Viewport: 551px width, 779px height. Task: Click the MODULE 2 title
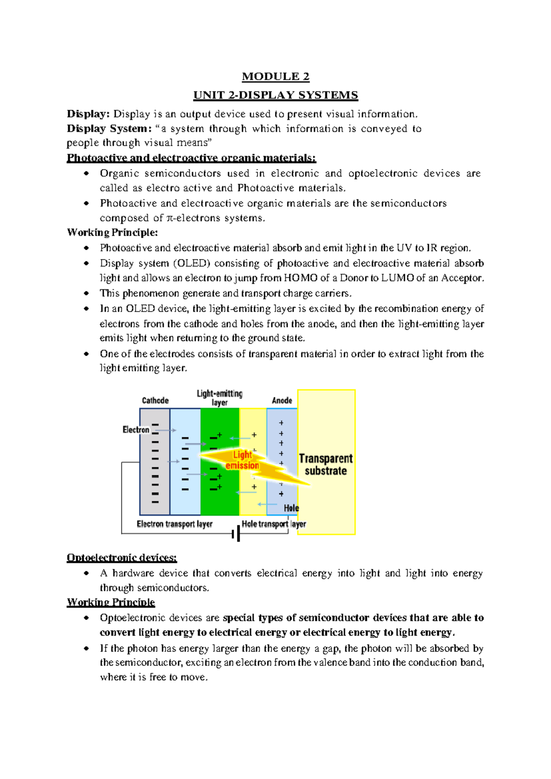[x=275, y=76]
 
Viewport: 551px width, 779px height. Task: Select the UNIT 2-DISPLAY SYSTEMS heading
[x=275, y=95]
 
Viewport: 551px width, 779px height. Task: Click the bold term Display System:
[x=109, y=129]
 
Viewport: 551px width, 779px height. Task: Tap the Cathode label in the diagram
[x=155, y=401]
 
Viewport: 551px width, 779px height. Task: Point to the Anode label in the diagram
[x=282, y=401]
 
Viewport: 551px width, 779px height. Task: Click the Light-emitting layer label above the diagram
[x=219, y=398]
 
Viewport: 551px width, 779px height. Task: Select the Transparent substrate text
[x=326, y=464]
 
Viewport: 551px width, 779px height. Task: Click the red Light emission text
[x=242, y=460]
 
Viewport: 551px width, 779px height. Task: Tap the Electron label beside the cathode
[x=136, y=430]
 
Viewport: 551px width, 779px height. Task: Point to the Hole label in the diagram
[x=291, y=508]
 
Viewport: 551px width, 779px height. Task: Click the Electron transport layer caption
[x=174, y=524]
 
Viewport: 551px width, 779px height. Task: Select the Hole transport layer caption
[x=274, y=524]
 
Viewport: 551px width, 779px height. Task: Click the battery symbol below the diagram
[x=236, y=534]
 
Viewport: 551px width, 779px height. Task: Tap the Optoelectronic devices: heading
[x=122, y=558]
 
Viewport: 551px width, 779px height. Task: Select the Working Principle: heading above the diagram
[x=112, y=232]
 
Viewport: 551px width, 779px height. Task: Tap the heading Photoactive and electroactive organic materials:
[x=191, y=158]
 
